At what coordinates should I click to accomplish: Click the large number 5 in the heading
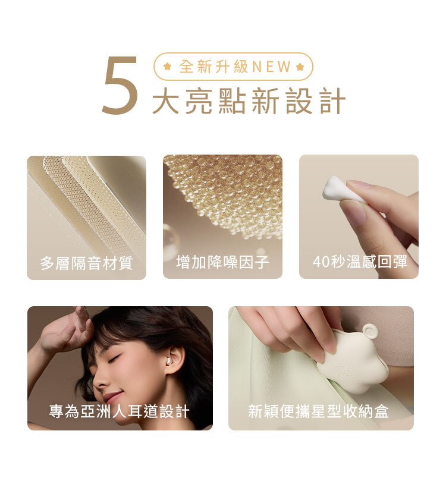click(x=120, y=85)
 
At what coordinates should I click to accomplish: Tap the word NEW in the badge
click(x=272, y=67)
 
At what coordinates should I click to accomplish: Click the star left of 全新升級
click(x=167, y=67)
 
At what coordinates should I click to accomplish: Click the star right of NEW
click(x=300, y=67)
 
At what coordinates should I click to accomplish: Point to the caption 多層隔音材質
click(x=86, y=263)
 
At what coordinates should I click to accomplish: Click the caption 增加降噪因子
click(x=222, y=262)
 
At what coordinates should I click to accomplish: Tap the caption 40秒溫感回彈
click(x=360, y=262)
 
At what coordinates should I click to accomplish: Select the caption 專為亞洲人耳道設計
click(x=119, y=411)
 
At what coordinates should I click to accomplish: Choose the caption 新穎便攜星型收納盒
click(x=318, y=411)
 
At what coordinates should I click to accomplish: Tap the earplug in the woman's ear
click(x=168, y=361)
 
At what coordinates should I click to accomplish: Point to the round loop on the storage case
click(x=370, y=332)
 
